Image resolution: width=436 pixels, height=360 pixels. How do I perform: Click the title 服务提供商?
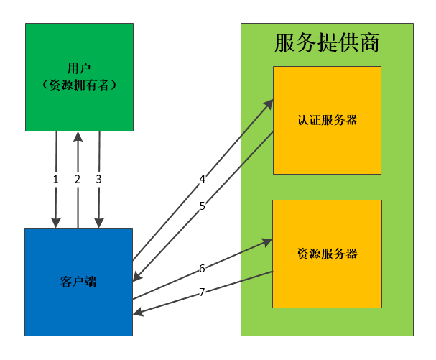(327, 43)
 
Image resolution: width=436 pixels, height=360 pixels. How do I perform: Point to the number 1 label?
(55, 179)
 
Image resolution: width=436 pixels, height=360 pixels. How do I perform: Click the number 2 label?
(77, 179)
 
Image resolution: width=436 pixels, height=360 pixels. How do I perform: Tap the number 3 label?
(99, 179)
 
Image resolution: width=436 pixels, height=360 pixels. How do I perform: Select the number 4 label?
(203, 178)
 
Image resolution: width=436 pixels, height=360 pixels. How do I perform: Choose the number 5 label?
(203, 206)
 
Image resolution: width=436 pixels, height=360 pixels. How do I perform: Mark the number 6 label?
(203, 268)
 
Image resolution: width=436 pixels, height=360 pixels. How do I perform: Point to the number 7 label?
(203, 292)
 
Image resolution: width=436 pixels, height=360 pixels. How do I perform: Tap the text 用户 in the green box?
(79, 70)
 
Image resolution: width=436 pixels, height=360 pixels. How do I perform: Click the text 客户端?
(79, 282)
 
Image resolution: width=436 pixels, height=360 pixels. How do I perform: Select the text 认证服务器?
(327, 120)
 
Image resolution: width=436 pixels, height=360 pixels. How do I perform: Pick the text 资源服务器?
(327, 254)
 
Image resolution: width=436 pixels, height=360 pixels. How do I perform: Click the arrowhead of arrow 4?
(269, 101)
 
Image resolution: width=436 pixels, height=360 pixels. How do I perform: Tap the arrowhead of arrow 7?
(137, 313)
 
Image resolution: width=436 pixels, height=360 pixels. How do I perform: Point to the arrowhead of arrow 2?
(78, 135)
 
